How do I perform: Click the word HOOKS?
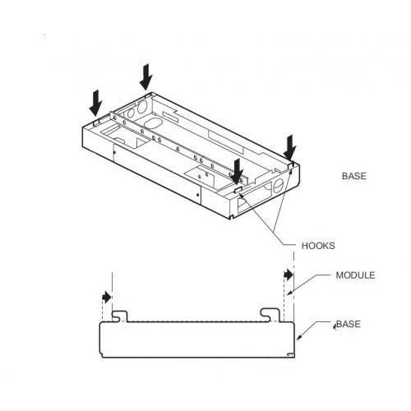(318, 246)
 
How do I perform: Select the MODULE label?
(355, 275)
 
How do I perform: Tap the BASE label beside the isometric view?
(354, 176)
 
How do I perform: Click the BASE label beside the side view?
(349, 324)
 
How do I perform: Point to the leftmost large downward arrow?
(95, 103)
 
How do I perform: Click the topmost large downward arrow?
(146, 77)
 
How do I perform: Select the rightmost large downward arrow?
(290, 148)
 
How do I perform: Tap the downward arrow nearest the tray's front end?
(237, 172)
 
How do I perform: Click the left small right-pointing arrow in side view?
(107, 297)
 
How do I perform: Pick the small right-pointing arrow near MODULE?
(289, 275)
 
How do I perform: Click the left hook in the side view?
(120, 316)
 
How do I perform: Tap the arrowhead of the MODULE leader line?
(289, 293)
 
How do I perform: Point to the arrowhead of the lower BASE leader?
(298, 338)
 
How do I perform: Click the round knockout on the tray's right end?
(277, 186)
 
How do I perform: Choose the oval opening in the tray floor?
(153, 123)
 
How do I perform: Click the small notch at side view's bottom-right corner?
(290, 355)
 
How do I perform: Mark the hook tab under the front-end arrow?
(238, 189)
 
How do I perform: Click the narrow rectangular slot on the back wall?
(170, 115)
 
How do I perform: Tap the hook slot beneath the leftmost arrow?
(96, 122)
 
